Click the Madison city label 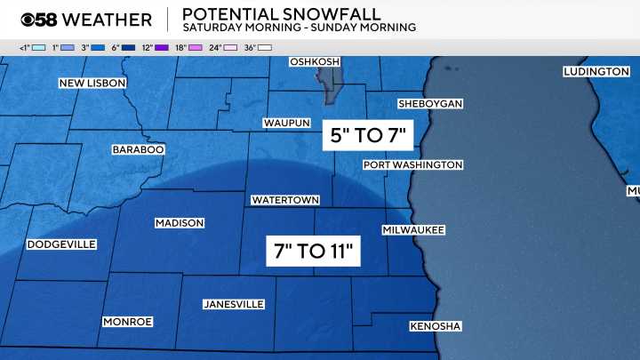coord(180,223)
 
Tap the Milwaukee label coord(413,229)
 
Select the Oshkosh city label coord(315,61)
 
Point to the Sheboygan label coord(430,104)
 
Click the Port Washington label coord(412,165)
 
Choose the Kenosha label coord(435,327)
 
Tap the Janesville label coord(234,304)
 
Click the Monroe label coord(128,322)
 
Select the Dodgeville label coord(61,244)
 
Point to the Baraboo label coord(138,150)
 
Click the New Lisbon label coord(92,83)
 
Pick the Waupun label coord(285,123)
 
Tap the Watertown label coord(284,200)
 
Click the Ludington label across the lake coord(596,71)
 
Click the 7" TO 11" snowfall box coord(314,251)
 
